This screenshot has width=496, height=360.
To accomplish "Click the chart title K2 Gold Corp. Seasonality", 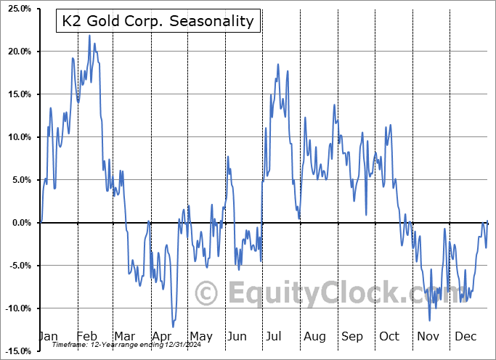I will tap(156, 21).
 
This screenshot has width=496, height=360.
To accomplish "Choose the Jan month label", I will tap(47, 336).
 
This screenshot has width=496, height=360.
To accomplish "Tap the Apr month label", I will tap(163, 336).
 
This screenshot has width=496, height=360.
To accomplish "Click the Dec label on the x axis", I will tap(465, 336).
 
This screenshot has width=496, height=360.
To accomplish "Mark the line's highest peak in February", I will tap(89, 36).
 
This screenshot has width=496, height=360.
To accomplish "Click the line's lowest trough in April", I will tap(173, 327).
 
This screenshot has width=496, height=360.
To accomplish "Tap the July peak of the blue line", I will tap(277, 65).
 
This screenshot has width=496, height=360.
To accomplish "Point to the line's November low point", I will tap(429, 320).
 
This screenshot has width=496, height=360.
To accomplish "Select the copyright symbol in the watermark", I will tap(207, 293).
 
